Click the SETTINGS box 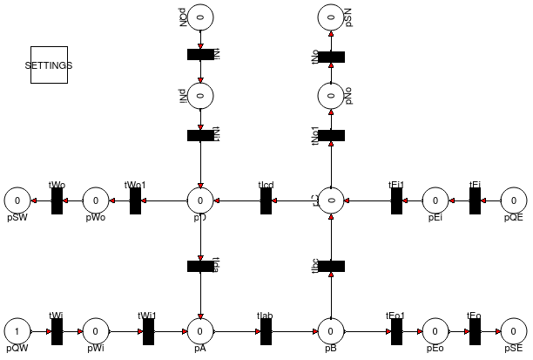49,65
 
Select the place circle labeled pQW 17,331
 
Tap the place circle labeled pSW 17,200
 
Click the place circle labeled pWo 96,200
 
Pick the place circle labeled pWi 96,331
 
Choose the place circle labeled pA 200,331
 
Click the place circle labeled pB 331,331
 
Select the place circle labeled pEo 435,331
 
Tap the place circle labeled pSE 514,331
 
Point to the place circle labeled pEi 435,200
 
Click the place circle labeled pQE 514,200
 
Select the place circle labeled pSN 331,15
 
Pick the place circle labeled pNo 331,94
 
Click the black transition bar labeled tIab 266,331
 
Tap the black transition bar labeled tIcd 266,200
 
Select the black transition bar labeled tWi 57,331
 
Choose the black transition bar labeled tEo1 396,331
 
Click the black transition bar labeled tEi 475,200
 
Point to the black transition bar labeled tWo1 135,200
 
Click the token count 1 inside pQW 17,331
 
